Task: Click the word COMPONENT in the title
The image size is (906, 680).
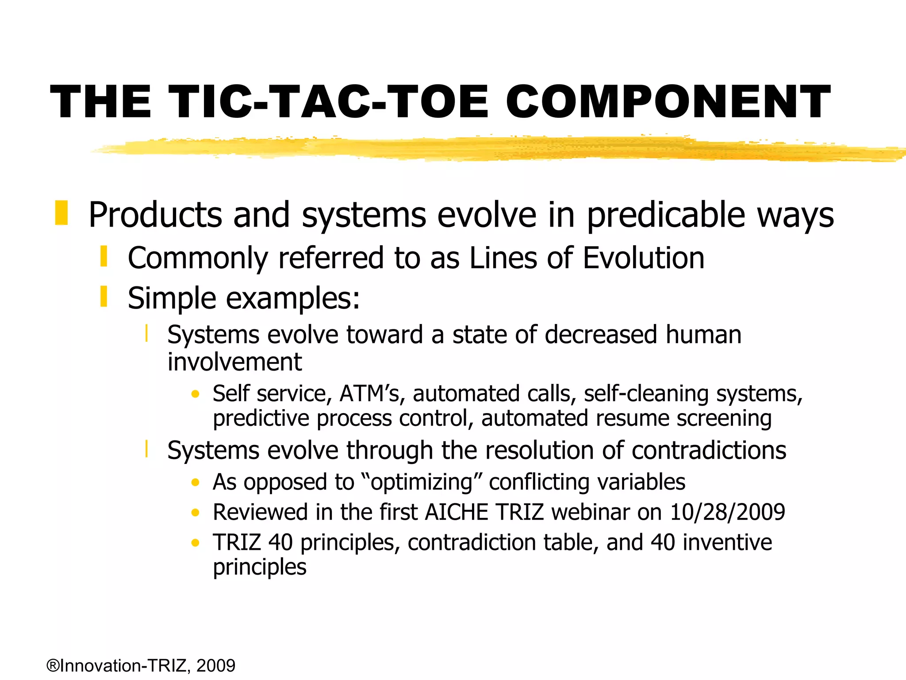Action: (x=668, y=102)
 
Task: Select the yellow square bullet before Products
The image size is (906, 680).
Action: (x=61, y=212)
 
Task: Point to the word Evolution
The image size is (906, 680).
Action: (x=643, y=258)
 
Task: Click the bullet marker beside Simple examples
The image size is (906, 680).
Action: (x=104, y=297)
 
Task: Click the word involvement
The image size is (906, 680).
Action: (x=234, y=362)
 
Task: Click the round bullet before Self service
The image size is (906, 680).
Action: (x=196, y=394)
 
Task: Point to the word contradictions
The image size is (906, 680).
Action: (x=709, y=451)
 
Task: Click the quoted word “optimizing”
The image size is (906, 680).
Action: (x=422, y=482)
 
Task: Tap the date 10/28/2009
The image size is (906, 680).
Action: (x=727, y=512)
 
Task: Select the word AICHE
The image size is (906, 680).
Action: (x=457, y=512)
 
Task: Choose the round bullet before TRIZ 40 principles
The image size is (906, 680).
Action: (x=196, y=543)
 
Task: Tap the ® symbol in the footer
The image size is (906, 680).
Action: (x=53, y=665)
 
